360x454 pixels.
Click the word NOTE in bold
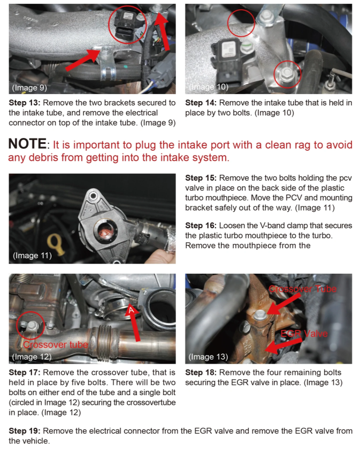(27, 144)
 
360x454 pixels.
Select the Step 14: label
(201, 103)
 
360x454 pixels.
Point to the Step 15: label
(201, 178)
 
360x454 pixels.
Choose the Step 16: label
(201, 226)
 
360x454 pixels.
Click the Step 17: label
(25, 372)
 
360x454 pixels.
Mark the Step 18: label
(201, 372)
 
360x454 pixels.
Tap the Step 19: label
(25, 431)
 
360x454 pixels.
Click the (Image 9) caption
(29, 88)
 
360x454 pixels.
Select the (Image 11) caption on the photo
(32, 256)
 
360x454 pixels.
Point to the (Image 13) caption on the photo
(208, 357)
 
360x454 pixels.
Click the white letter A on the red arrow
(132, 310)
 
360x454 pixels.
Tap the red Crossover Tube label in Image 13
(303, 289)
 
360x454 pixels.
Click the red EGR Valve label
(304, 334)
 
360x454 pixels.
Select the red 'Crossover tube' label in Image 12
(56, 344)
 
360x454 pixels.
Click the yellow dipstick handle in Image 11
(56, 244)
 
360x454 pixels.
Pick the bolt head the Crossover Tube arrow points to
(260, 315)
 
